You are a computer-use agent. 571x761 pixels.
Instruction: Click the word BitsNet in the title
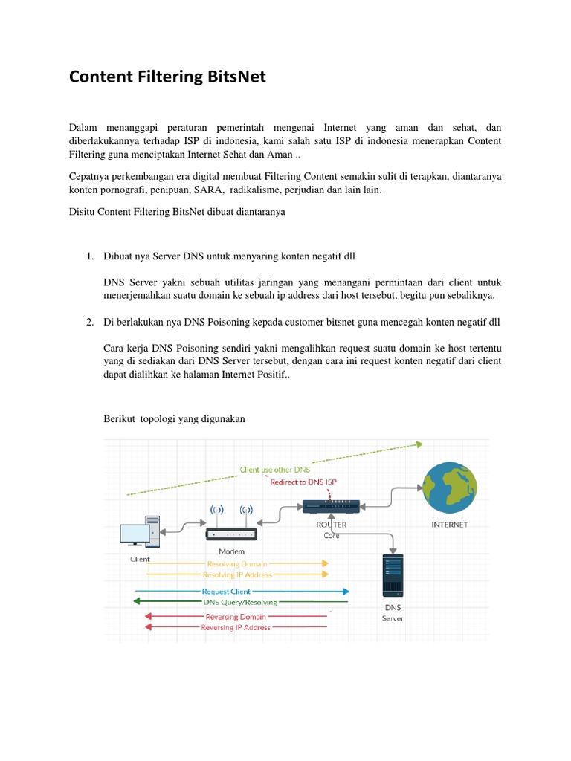pos(231,77)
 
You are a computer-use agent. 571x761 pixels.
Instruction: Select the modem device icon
pos(230,534)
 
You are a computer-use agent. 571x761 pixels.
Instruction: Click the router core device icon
pos(331,506)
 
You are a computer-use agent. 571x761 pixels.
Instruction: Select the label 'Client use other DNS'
pos(274,470)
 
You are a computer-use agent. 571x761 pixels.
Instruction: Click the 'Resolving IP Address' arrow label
pos(237,574)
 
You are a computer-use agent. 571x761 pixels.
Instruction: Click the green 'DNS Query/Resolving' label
pos(240,603)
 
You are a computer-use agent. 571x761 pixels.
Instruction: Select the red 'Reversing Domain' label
pos(235,616)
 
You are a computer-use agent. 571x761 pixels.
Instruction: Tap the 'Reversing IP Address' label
pos(236,627)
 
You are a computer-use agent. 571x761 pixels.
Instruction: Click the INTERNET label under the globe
pos(450,524)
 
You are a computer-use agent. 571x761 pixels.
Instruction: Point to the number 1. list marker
pos(89,256)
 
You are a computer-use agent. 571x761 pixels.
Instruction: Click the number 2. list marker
pos(89,323)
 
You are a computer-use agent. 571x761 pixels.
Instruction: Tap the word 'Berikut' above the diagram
pos(120,419)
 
